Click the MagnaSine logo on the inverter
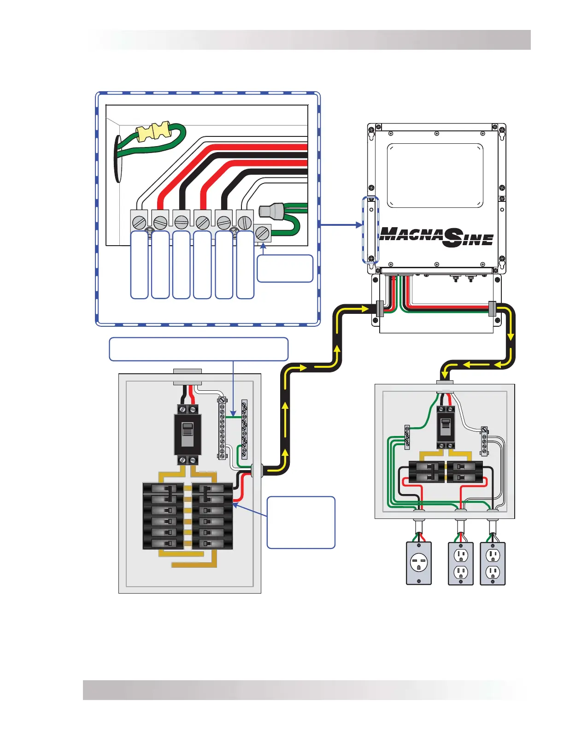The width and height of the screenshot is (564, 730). [x=436, y=236]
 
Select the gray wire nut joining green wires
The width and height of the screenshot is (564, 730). [x=270, y=211]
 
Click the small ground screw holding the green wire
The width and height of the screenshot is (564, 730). [x=263, y=233]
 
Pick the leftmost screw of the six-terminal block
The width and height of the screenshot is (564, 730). [x=139, y=223]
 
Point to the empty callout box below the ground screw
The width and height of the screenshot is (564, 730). [x=285, y=268]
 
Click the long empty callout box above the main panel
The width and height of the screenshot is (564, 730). [x=199, y=349]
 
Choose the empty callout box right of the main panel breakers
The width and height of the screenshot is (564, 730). [x=301, y=522]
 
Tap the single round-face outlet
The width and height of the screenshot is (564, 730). [x=419, y=563]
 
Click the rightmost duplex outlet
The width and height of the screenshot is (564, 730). [x=493, y=563]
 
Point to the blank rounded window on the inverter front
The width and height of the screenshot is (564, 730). [x=435, y=175]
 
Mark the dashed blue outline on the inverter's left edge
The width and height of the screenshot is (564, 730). [x=370, y=230]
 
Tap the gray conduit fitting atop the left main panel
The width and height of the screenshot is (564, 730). [x=187, y=377]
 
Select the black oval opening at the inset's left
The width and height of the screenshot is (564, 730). [x=118, y=159]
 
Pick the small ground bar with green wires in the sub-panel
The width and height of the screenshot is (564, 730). [x=407, y=437]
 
